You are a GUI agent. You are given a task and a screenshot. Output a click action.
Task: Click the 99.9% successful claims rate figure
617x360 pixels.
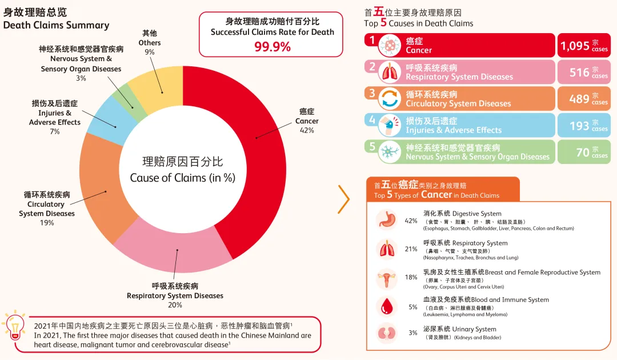[x=272, y=47]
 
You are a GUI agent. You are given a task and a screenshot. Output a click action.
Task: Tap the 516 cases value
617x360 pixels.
[x=579, y=73]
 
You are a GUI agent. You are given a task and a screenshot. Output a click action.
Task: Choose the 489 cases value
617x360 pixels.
[x=579, y=99]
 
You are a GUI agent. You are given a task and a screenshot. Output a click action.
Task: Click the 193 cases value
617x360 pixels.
[x=579, y=126]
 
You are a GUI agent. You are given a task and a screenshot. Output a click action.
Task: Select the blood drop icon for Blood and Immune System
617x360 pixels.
[x=387, y=306]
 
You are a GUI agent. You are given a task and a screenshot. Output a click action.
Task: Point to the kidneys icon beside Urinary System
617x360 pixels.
[x=387, y=333]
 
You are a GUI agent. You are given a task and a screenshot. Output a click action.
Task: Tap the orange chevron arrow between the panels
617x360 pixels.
[x=343, y=199]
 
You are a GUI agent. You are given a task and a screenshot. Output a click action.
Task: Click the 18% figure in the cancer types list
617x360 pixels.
[x=411, y=277]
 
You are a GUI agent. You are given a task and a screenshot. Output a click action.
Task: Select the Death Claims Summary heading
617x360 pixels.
[x=56, y=25]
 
